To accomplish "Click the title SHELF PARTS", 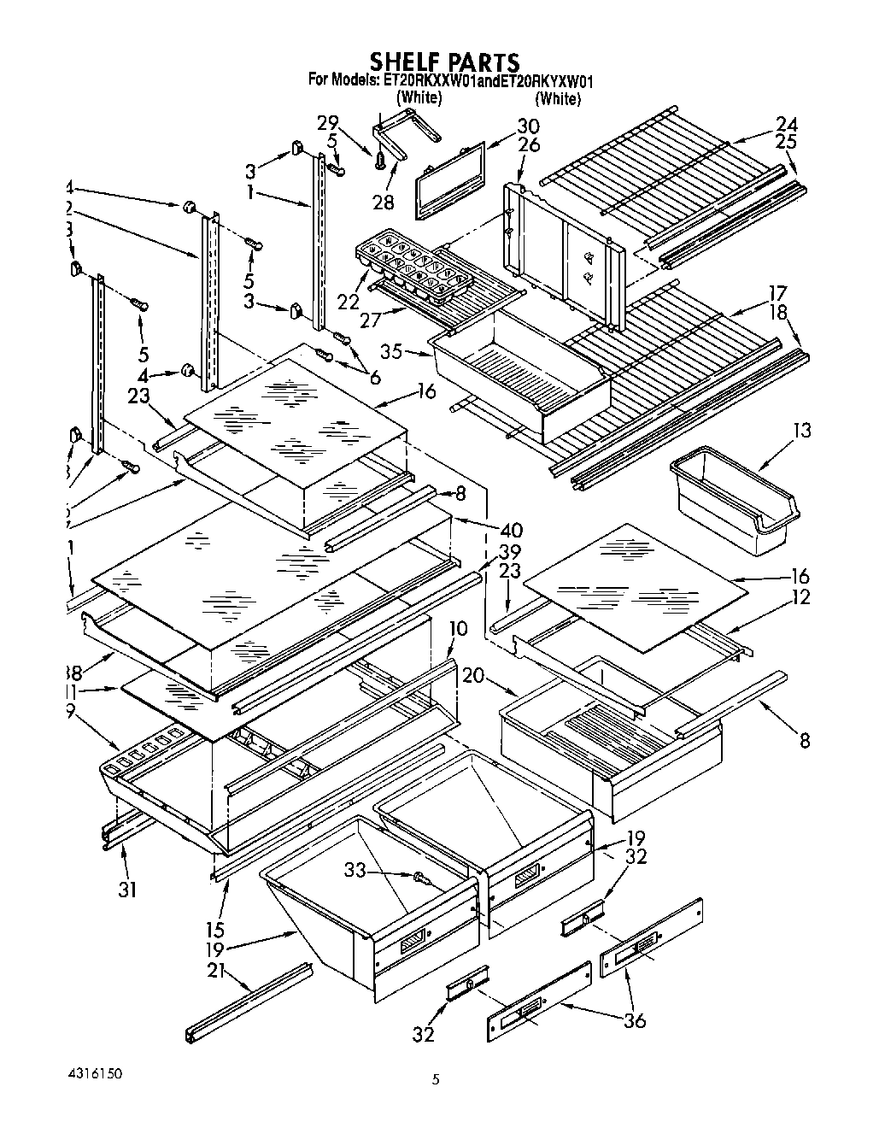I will click(x=443, y=62).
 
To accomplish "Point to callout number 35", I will click(x=392, y=350).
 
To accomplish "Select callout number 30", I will click(x=527, y=126).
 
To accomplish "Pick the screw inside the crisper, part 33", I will click(x=419, y=878).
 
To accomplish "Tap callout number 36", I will click(x=636, y=1019).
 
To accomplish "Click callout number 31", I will click(x=126, y=890).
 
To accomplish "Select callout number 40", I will click(x=512, y=532).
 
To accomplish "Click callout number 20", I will click(x=473, y=676).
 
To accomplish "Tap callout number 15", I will click(x=214, y=929).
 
